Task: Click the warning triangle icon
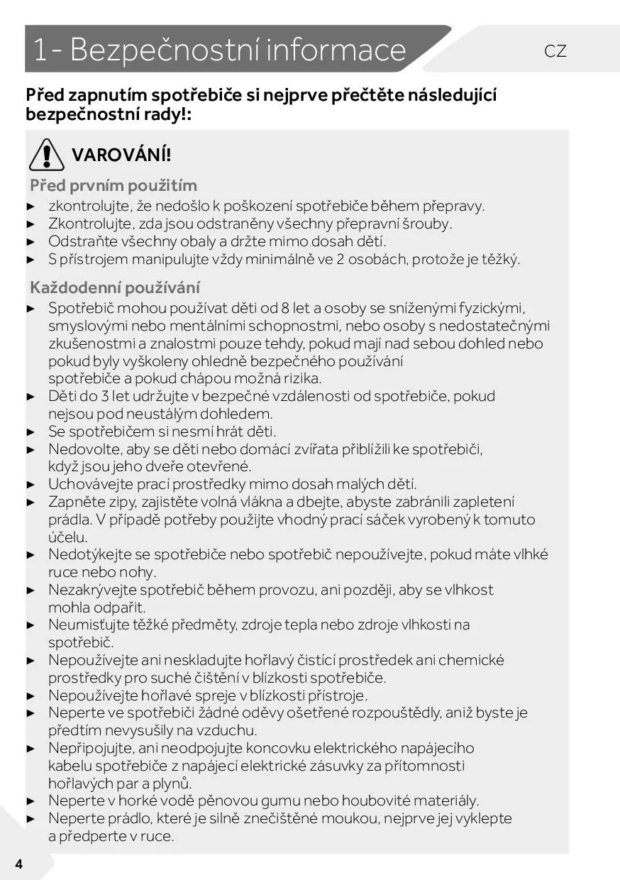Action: [x=47, y=154]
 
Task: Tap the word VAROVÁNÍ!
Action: [x=121, y=155]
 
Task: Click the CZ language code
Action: [x=555, y=51]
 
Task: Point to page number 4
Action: [x=18, y=864]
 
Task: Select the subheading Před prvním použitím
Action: [x=114, y=186]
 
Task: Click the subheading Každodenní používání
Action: [x=115, y=288]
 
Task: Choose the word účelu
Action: [x=68, y=537]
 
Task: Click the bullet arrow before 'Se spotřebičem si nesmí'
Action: [x=31, y=432]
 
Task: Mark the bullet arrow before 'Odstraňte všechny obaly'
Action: [x=31, y=242]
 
